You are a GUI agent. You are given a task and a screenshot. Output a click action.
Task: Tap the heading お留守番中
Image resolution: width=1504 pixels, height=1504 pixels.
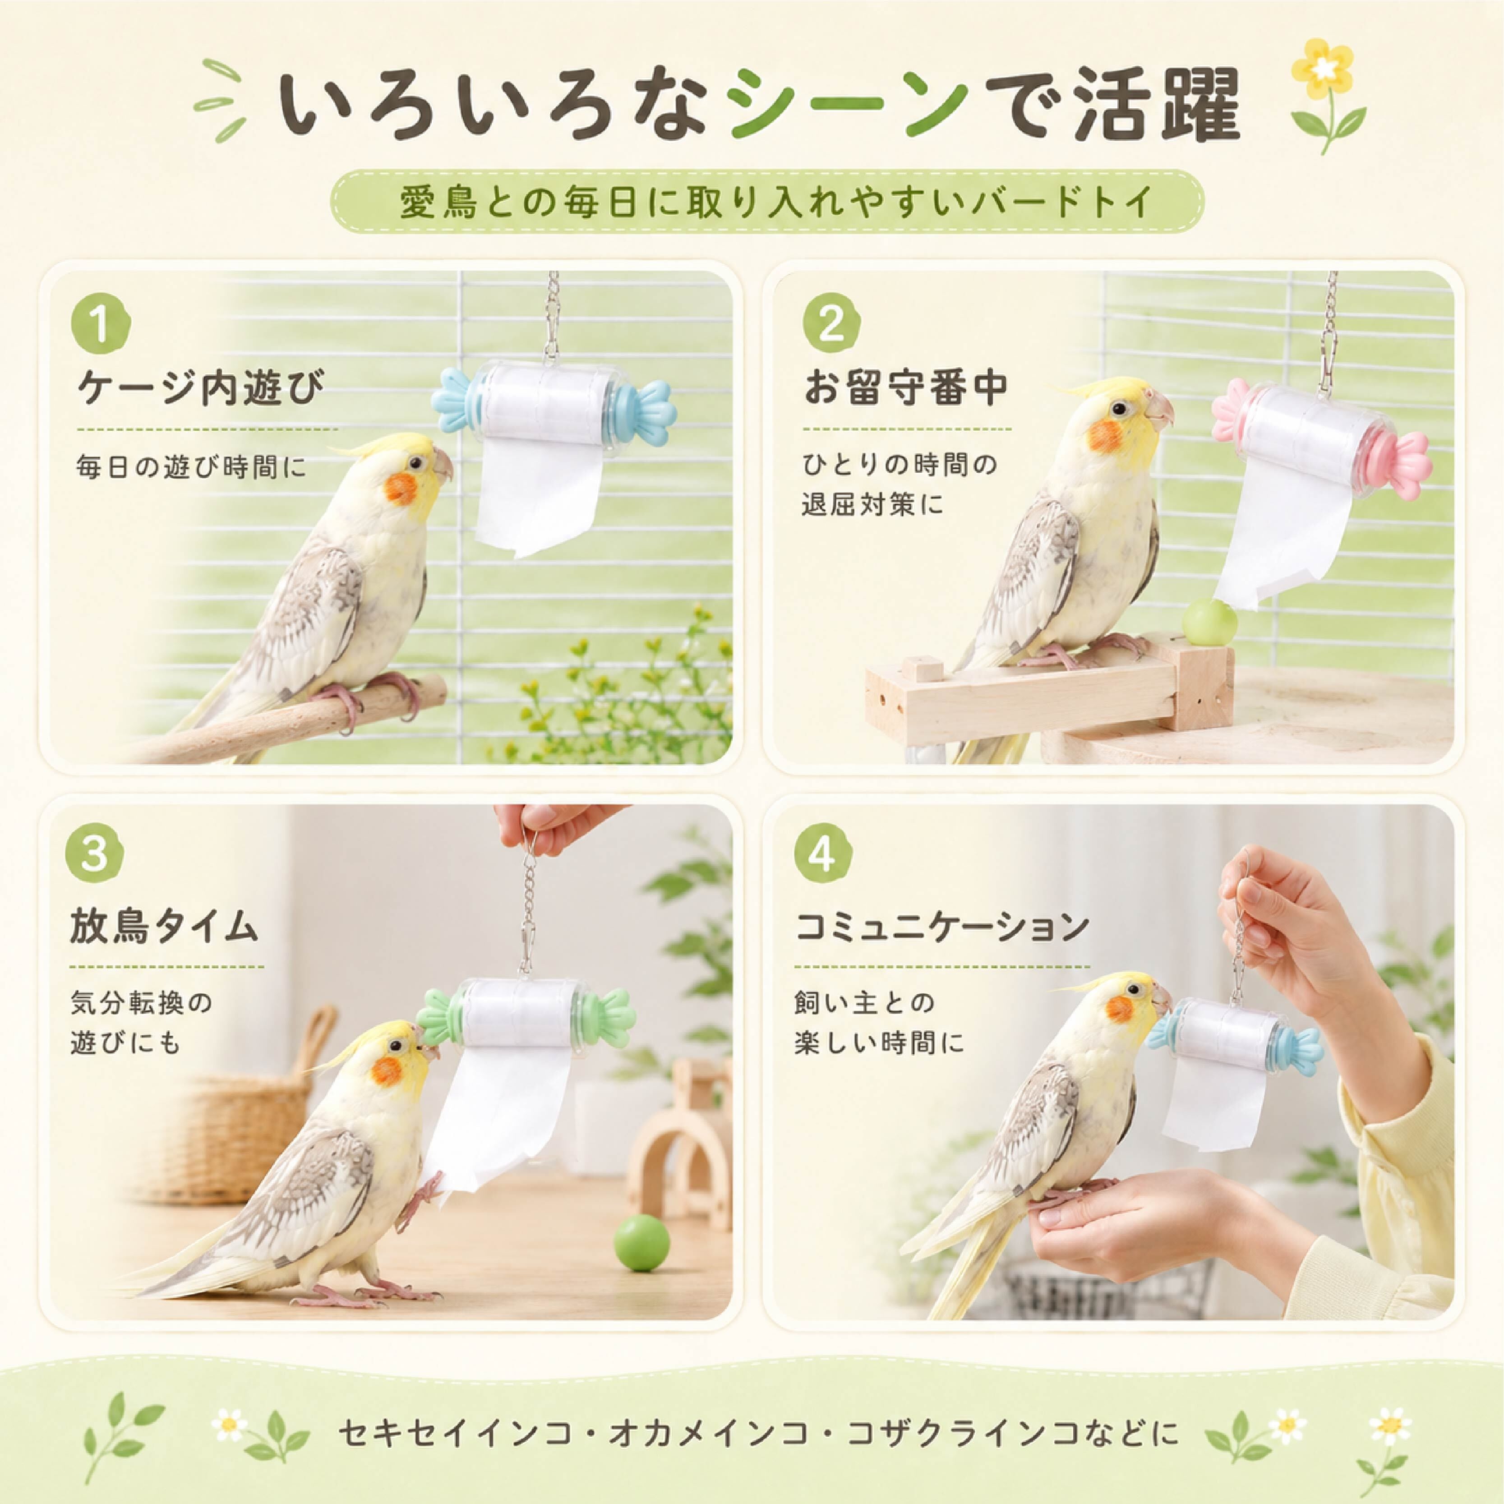(907, 387)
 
